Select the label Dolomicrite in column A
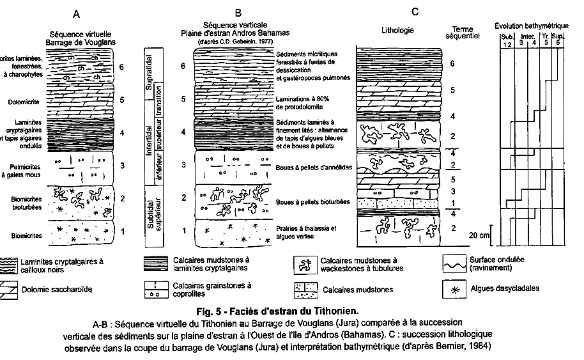click(20, 100)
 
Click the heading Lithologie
click(397, 30)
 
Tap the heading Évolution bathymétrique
click(532, 26)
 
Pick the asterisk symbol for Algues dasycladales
click(456, 289)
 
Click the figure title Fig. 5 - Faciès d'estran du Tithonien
click(291, 311)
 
